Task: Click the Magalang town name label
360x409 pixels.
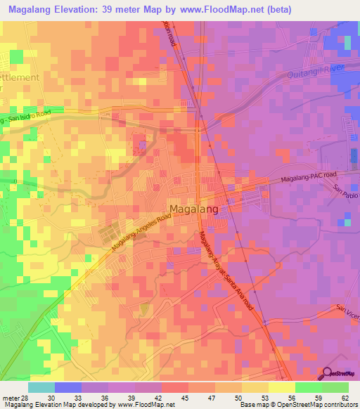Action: pyautogui.click(x=193, y=209)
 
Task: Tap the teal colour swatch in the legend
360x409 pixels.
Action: pyautogui.click(x=41, y=387)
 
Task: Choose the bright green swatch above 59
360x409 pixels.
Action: pyautogui.click(x=308, y=387)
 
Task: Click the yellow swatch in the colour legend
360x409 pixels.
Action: pyautogui.click(x=281, y=387)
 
